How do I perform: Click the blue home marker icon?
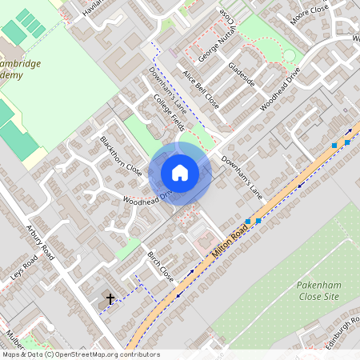click(180, 173)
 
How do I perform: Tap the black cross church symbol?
click(110, 298)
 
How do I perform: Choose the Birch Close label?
click(160, 266)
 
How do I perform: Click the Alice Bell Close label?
click(200, 87)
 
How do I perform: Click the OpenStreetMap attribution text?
click(80, 354)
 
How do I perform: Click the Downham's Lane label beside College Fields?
click(167, 88)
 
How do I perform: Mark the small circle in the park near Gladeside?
click(290, 56)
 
